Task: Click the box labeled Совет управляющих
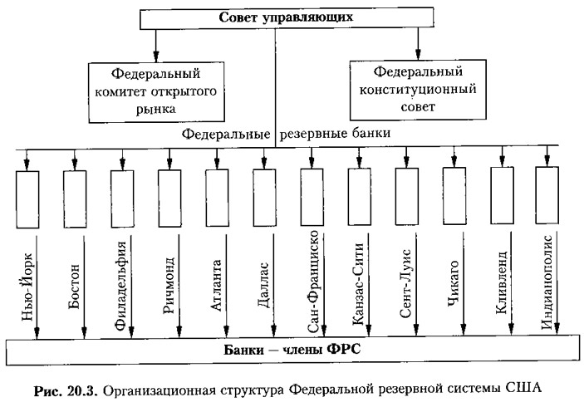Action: [287, 18]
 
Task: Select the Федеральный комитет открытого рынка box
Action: [156, 92]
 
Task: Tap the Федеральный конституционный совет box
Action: [418, 90]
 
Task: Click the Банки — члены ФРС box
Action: [292, 350]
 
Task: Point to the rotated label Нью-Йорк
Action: [28, 287]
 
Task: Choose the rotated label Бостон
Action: [74, 287]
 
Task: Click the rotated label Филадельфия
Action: [120, 286]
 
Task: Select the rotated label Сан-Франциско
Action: [313, 281]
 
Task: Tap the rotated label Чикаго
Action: [453, 283]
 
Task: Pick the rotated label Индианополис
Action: [547, 282]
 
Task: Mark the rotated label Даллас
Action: [263, 285]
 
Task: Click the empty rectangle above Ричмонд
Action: [169, 199]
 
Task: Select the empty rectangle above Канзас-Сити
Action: [360, 197]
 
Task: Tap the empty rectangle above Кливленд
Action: [502, 195]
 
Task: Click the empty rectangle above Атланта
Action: [217, 198]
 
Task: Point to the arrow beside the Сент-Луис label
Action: [416, 284]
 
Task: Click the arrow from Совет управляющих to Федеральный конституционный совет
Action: [418, 43]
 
